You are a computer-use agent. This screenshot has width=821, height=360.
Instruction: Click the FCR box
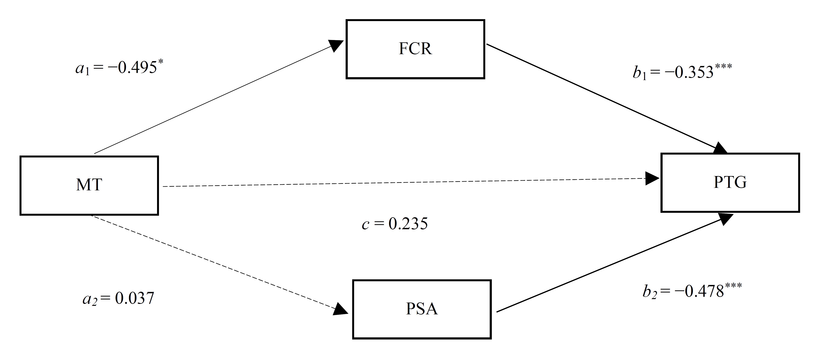[415, 49]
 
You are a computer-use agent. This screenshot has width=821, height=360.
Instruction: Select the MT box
[89, 186]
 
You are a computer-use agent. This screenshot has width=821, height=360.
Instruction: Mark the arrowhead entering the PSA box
[340, 309]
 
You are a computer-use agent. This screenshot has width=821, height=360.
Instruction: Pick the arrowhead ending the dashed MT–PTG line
[652, 178]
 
